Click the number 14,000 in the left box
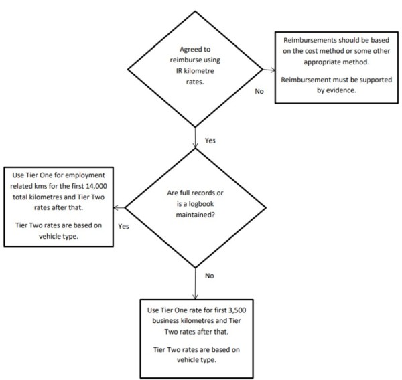(96, 186)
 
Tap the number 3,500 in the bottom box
(237, 310)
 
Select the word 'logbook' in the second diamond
(201, 204)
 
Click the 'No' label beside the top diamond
(259, 92)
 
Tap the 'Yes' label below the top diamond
(210, 140)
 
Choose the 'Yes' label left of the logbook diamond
(123, 227)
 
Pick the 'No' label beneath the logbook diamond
(210, 276)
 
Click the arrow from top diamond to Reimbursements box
(269, 70)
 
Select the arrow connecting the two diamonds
(195, 138)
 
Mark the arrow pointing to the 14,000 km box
(119, 207)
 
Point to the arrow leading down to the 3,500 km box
(195, 284)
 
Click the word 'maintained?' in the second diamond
(195, 215)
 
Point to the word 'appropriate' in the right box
(322, 62)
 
